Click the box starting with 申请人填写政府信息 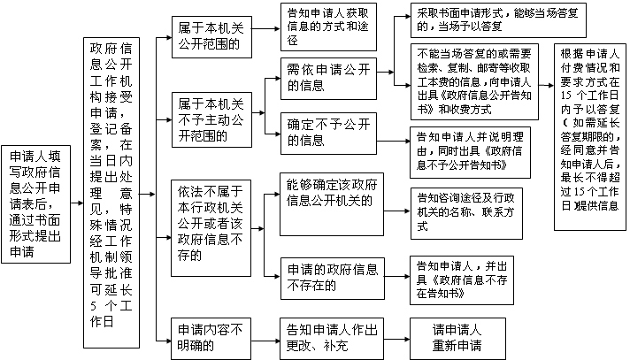pos(35,204)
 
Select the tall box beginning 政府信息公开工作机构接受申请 pos(111,193)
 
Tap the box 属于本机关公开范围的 pos(211,37)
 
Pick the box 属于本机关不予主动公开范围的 pos(211,119)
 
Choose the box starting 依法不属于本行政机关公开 pos(211,228)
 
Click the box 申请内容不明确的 pos(211,339)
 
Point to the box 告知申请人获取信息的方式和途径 pos(328,27)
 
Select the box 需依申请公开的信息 pos(328,79)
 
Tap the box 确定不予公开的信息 pos(328,134)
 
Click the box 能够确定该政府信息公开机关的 pos(332,204)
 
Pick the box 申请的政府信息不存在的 pos(333,279)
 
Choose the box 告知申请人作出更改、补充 pos(332,339)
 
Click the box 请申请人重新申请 pos(457,339)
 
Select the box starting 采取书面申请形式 pos(498,20)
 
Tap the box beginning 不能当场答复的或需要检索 pos(474,81)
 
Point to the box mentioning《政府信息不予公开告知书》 pos(470,152)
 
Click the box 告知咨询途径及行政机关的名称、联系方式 pos(466,213)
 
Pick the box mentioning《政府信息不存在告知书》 pos(462,280)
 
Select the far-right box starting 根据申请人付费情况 pos(590,137)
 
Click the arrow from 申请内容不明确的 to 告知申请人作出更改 pos(265,341)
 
